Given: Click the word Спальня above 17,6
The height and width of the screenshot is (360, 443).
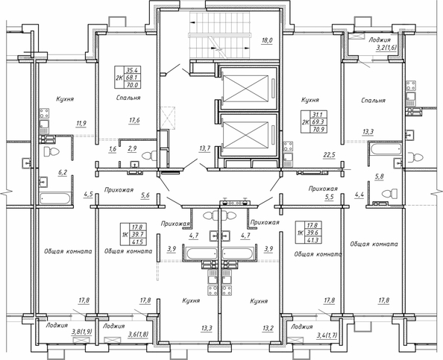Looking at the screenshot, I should coord(129,98).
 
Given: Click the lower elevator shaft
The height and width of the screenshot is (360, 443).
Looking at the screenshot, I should coord(246,139).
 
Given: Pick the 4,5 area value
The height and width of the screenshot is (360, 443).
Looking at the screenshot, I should coord(88,195).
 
